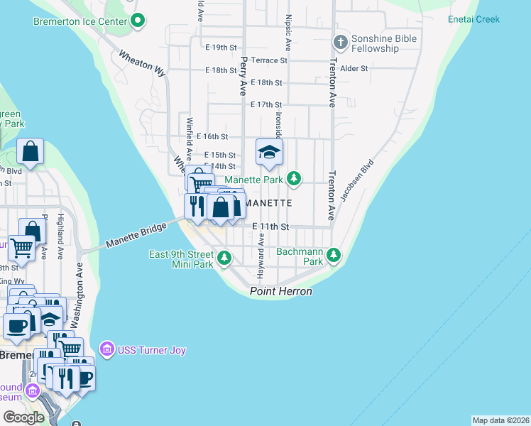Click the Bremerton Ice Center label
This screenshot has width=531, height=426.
80,21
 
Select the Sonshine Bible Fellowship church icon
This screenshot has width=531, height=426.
341,43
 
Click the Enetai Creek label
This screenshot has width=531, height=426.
474,19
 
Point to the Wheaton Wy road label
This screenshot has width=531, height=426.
142,64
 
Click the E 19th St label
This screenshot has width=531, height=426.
220,48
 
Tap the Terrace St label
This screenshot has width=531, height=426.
269,60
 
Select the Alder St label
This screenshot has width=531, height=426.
354,69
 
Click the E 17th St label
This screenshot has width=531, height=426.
266,104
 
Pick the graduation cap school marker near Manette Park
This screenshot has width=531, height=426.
269,152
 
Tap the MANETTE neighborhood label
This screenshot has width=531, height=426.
268,203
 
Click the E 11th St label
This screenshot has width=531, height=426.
271,226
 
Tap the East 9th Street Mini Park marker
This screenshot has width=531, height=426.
225,258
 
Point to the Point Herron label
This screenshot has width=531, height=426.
280,292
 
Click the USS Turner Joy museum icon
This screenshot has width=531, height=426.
107,348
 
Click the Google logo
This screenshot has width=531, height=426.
23,417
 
